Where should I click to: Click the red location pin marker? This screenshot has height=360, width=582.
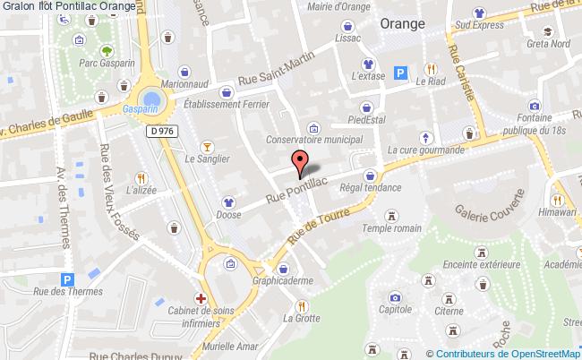tap(301, 162)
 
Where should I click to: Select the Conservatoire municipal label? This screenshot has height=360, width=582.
tap(314, 140)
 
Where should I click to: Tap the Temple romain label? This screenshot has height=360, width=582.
tap(391, 229)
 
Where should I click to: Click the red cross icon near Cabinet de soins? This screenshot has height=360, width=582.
tap(202, 297)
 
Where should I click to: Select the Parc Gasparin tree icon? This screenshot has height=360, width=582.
tap(107, 51)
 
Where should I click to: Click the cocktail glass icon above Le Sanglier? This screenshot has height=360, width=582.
tap(207, 145)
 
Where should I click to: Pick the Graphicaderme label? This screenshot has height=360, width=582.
tap(284, 279)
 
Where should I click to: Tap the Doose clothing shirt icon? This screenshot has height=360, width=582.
tap(228, 202)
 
